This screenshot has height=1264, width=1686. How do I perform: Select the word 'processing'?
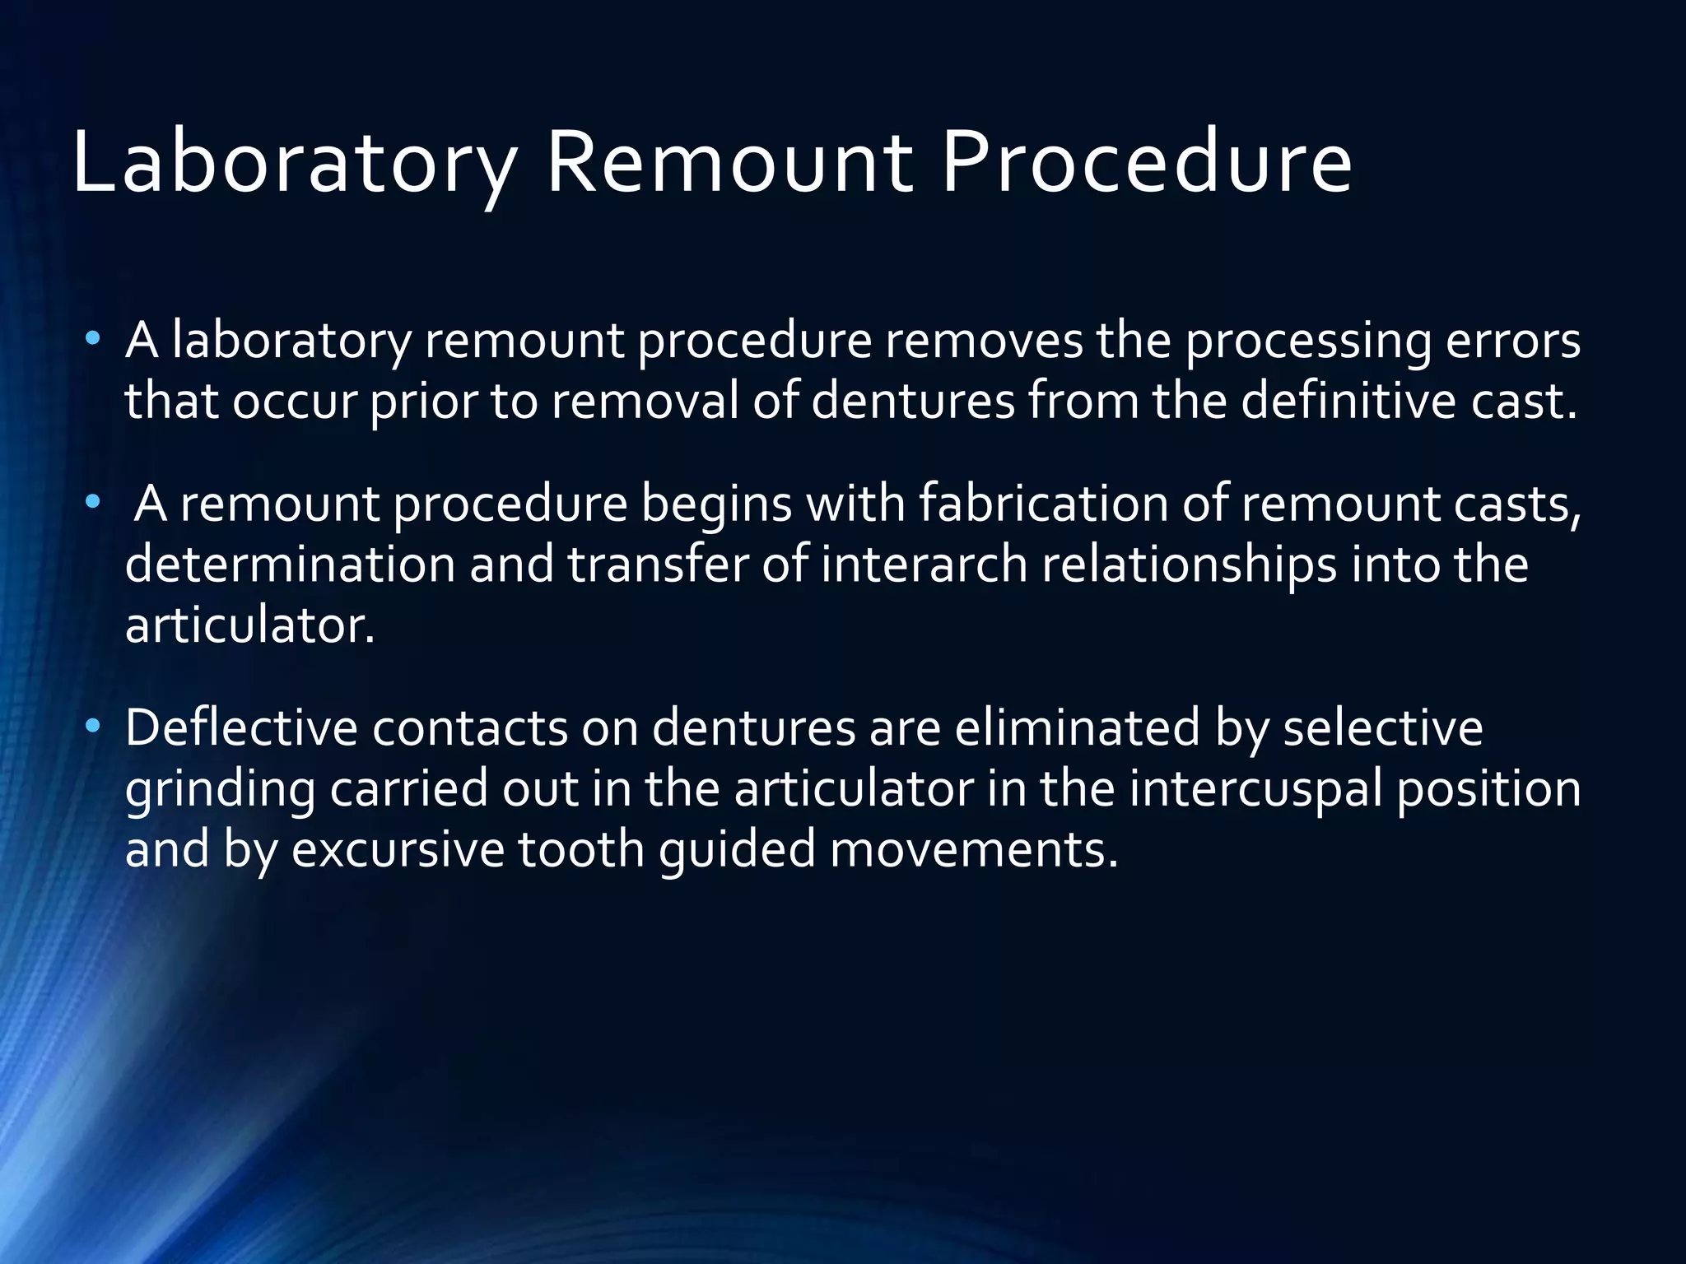(1308, 342)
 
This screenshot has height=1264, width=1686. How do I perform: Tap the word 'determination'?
(290, 565)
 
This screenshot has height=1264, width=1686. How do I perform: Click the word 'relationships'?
(1189, 566)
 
